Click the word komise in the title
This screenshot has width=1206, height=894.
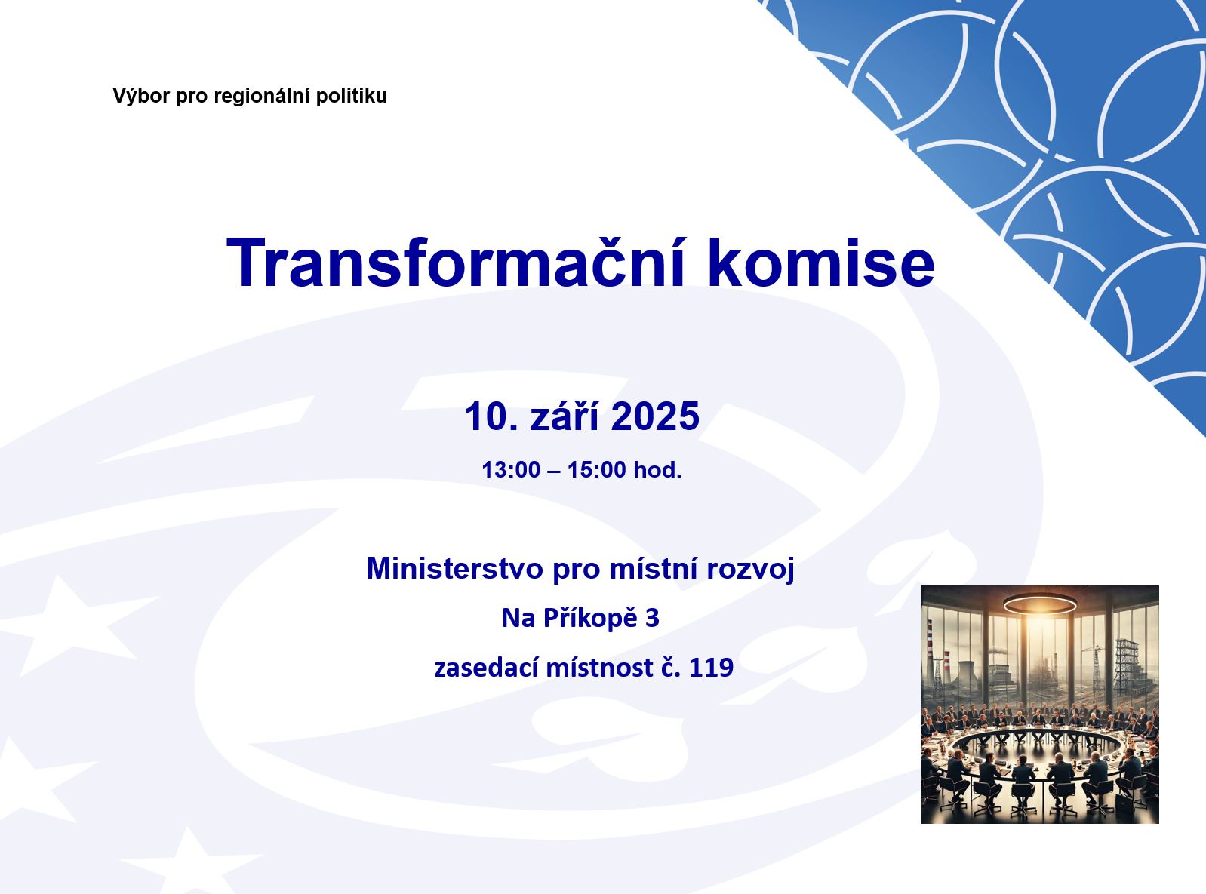click(x=822, y=263)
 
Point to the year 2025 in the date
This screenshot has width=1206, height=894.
click(x=655, y=416)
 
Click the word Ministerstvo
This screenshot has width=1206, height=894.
click(x=455, y=568)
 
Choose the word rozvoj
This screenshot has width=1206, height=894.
click(x=750, y=570)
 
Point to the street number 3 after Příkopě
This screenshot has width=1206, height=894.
click(x=652, y=619)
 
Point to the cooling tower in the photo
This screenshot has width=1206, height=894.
click(x=966, y=675)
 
